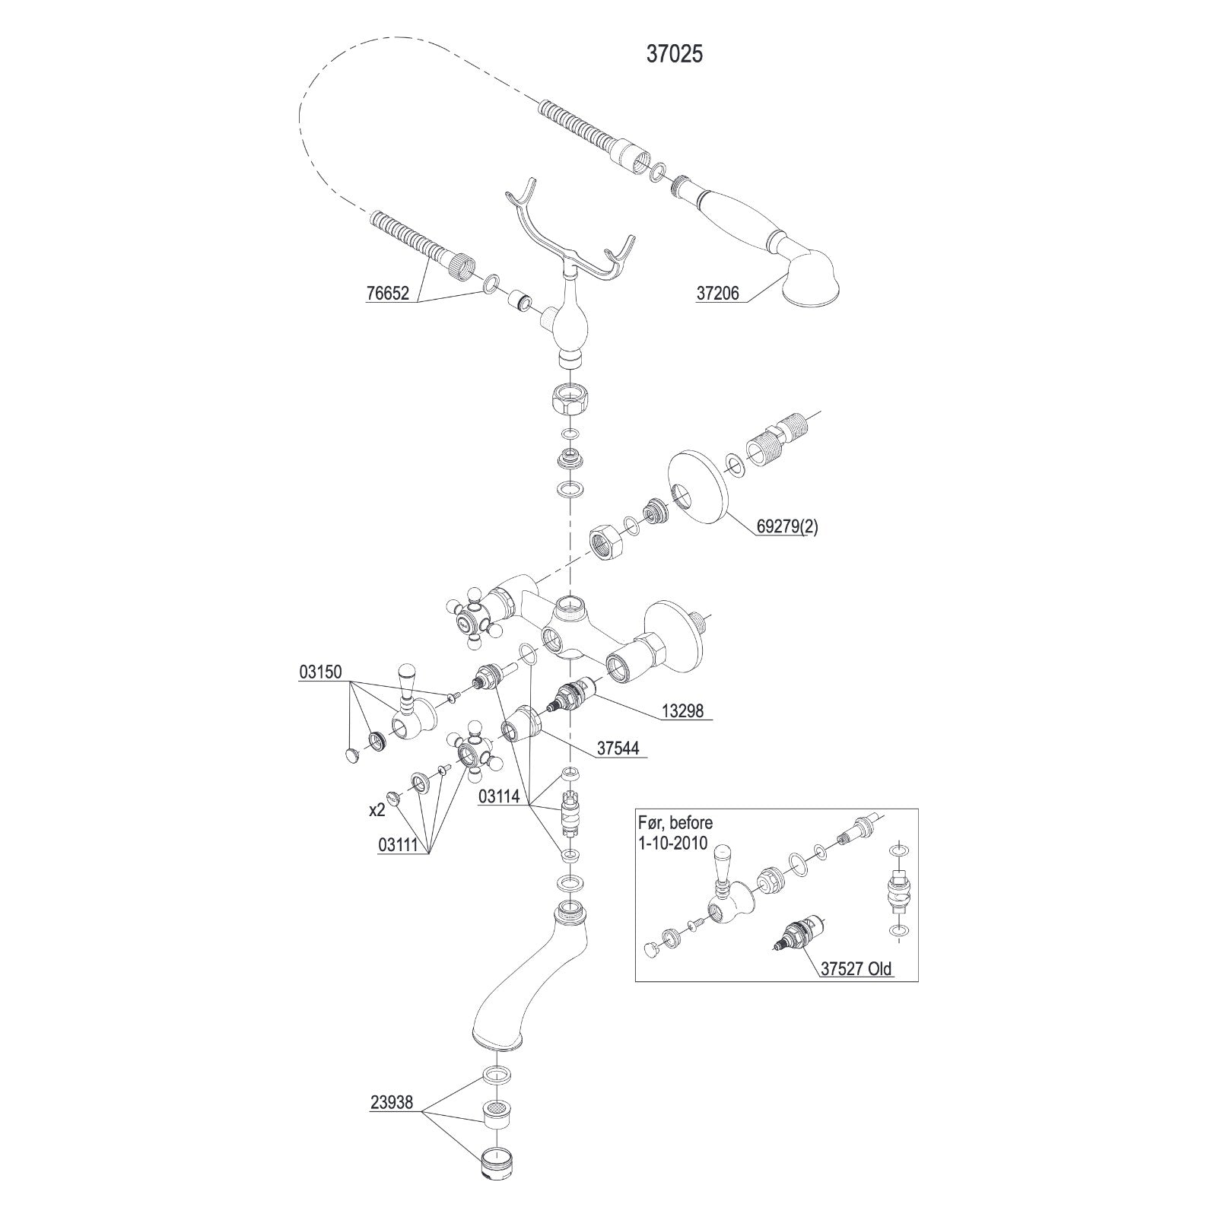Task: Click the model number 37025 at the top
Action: pyautogui.click(x=674, y=54)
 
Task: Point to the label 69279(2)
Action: pyautogui.click(x=786, y=527)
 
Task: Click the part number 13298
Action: pyautogui.click(x=682, y=711)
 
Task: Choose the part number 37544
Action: pyautogui.click(x=618, y=748)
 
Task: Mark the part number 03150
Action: pyautogui.click(x=320, y=672)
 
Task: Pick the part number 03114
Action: pyautogui.click(x=499, y=796)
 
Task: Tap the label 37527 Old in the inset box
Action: pyautogui.click(x=856, y=969)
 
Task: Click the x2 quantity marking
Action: pyautogui.click(x=377, y=811)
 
